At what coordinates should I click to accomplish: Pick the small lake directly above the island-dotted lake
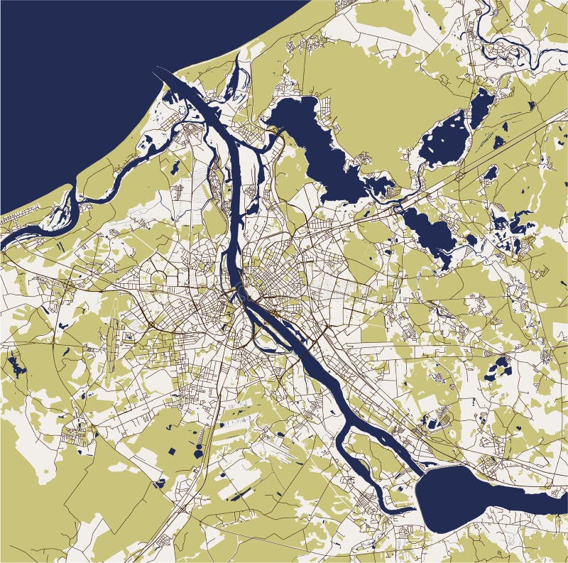(x=481, y=106)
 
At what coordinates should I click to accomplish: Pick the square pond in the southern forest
(x=173, y=452)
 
